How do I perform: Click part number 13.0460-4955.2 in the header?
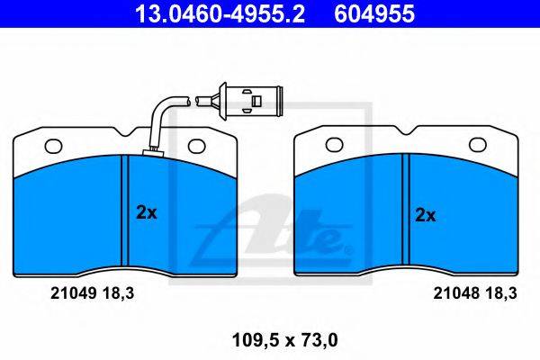click(x=220, y=14)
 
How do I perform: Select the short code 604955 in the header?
click(x=374, y=14)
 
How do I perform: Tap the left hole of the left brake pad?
click(x=53, y=146)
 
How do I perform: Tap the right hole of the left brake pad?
click(x=196, y=146)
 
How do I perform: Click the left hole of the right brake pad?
click(x=334, y=145)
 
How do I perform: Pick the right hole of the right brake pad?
click(x=478, y=145)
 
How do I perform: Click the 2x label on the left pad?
click(x=147, y=212)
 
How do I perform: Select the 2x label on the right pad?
click(x=426, y=215)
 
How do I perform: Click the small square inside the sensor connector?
click(x=256, y=102)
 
